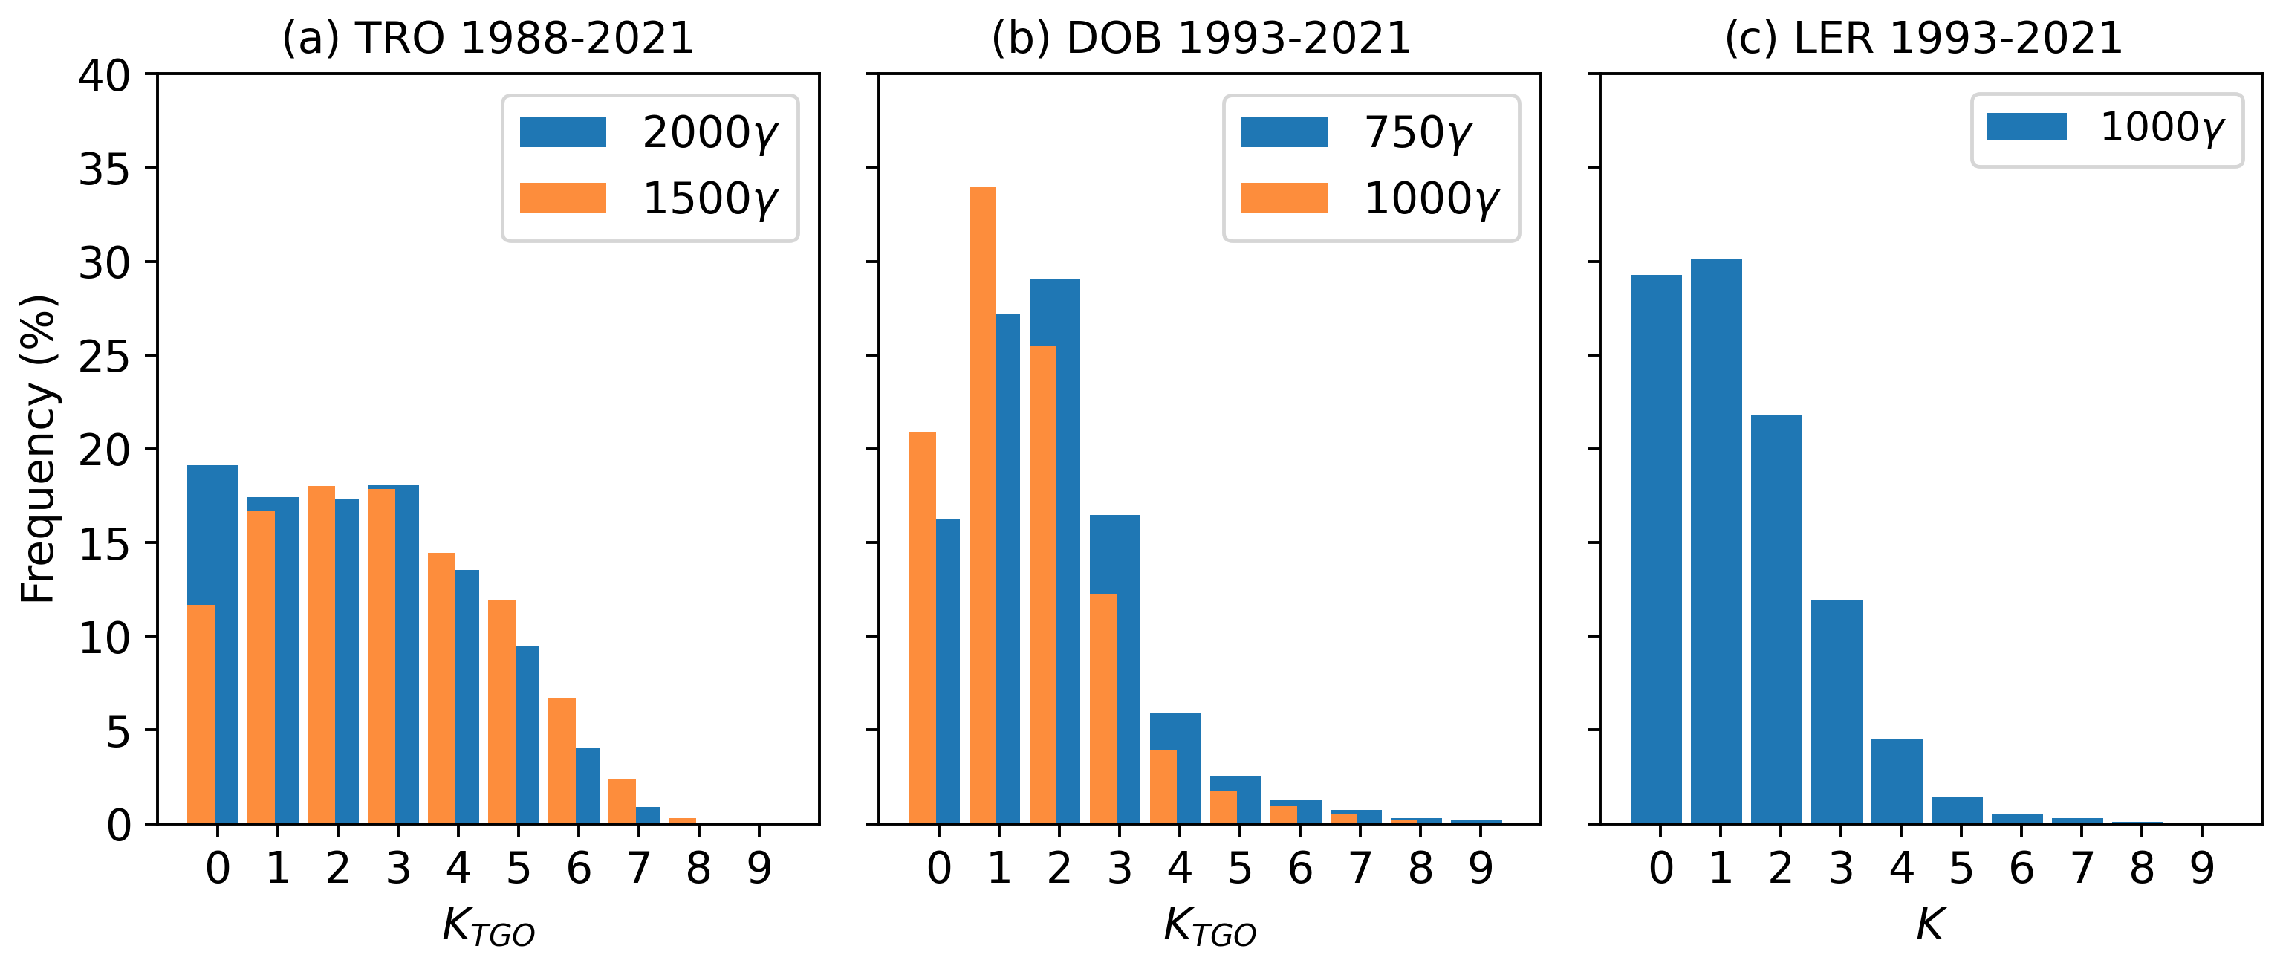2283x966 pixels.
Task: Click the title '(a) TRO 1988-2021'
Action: [x=487, y=38]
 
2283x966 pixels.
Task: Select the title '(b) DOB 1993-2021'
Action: [x=1201, y=38]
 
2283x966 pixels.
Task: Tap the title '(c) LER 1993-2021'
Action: [x=1923, y=38]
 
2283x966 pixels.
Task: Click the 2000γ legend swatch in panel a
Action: [x=563, y=132]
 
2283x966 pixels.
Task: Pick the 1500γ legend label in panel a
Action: [x=709, y=198]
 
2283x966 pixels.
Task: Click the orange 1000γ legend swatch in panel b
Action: [x=1285, y=198]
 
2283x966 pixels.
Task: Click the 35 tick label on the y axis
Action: [x=104, y=169]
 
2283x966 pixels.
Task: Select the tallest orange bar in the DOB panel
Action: [x=983, y=505]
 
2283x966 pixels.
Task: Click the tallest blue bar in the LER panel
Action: [x=1716, y=541]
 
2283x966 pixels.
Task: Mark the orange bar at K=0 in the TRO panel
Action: [x=201, y=714]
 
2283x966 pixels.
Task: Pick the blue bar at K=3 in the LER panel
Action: [x=1837, y=712]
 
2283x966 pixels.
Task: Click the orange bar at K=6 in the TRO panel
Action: [x=562, y=760]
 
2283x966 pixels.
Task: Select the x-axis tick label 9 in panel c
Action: [x=2202, y=868]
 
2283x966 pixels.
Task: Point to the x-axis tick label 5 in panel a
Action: [x=519, y=868]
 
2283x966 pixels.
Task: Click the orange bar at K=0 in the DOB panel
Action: [x=923, y=627]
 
